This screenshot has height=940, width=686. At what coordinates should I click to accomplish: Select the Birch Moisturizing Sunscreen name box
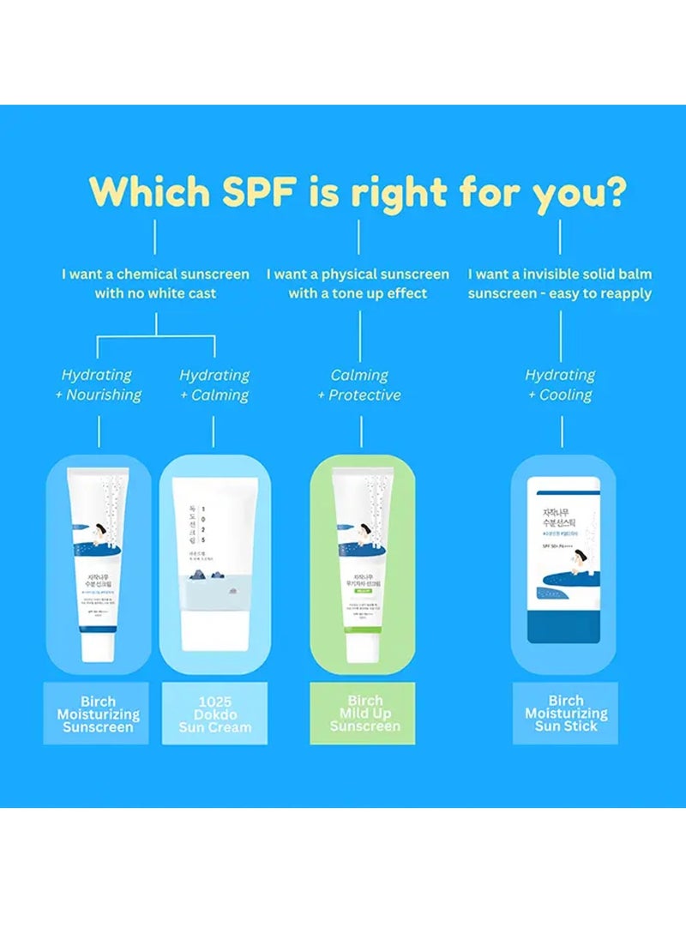[x=96, y=714]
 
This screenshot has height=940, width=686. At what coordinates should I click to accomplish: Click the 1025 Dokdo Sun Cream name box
[x=214, y=714]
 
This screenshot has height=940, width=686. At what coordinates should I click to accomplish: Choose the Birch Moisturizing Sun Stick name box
[x=565, y=714]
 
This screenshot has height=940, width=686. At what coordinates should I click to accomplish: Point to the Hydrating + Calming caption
[x=214, y=385]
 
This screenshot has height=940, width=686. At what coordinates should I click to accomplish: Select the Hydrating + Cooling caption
[x=561, y=385]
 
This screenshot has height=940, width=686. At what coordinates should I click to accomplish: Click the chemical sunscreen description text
[x=155, y=284]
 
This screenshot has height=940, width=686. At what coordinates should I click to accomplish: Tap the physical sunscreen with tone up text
[x=358, y=284]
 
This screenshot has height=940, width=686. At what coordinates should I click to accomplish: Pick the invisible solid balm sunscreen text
[x=560, y=284]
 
